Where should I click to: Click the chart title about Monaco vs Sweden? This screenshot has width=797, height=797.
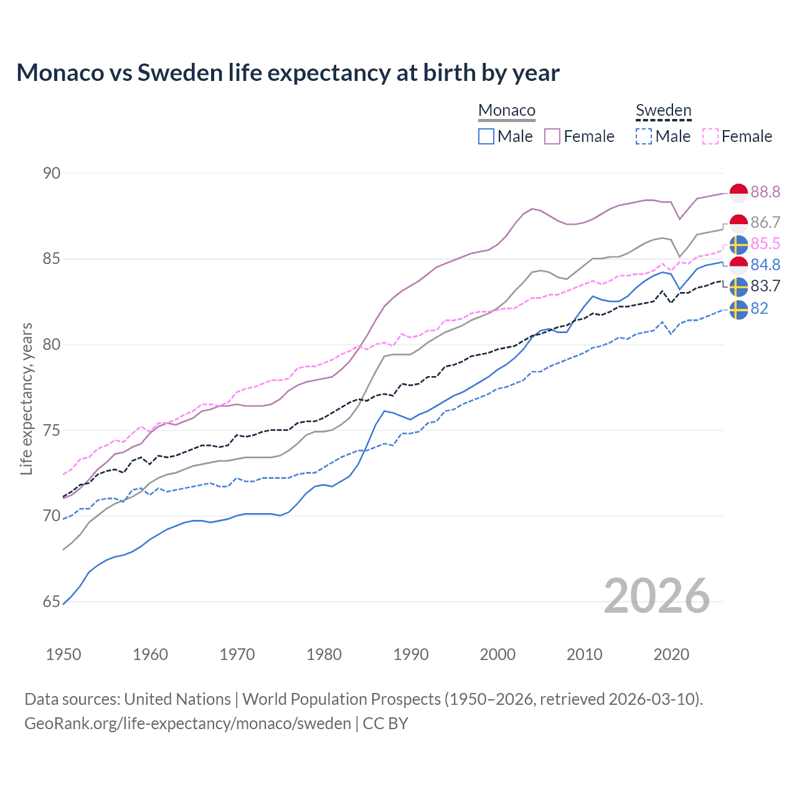click(288, 73)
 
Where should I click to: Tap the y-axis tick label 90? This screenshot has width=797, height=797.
click(52, 173)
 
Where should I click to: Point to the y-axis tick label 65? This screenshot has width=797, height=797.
click(52, 602)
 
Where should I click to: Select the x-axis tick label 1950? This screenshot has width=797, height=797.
click(64, 654)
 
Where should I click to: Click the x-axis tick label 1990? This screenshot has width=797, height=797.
click(411, 654)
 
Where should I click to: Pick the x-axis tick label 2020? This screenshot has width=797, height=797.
click(671, 654)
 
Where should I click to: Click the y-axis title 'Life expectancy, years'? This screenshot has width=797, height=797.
click(27, 398)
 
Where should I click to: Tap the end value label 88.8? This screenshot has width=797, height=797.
click(765, 192)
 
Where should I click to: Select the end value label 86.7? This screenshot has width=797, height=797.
click(765, 222)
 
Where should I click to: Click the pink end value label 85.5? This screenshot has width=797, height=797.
click(765, 243)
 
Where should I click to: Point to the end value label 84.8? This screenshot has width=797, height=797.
click(765, 265)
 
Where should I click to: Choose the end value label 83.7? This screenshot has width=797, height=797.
click(765, 286)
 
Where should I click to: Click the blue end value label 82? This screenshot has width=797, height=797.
click(759, 308)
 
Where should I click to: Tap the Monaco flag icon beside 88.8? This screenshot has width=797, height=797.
click(738, 193)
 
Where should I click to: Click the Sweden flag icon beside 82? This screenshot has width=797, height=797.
click(738, 309)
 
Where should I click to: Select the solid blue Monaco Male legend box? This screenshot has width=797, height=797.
click(486, 136)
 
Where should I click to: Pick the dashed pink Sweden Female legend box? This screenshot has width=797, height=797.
click(710, 136)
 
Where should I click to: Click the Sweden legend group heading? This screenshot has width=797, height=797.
click(663, 111)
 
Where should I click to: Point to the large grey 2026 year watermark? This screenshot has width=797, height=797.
click(656, 597)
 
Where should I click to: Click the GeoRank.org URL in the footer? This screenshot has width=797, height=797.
click(187, 724)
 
